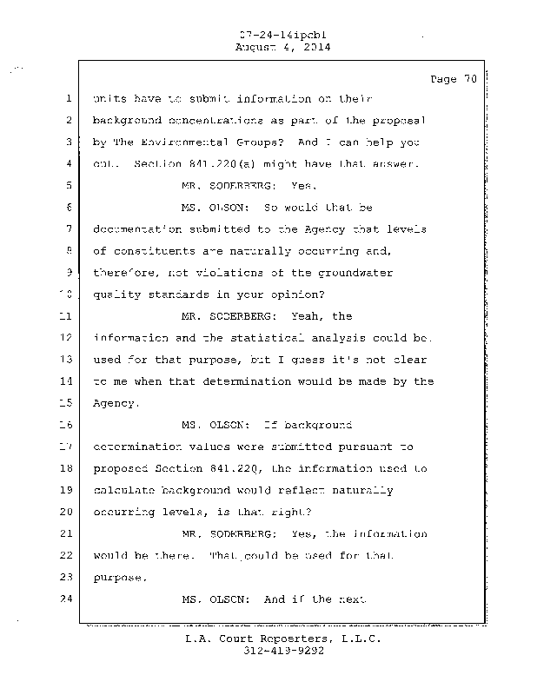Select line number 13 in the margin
pos(67,360)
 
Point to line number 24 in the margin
pos(67,599)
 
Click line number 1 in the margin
pos(68,98)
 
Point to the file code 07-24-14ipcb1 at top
pos(275,36)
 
